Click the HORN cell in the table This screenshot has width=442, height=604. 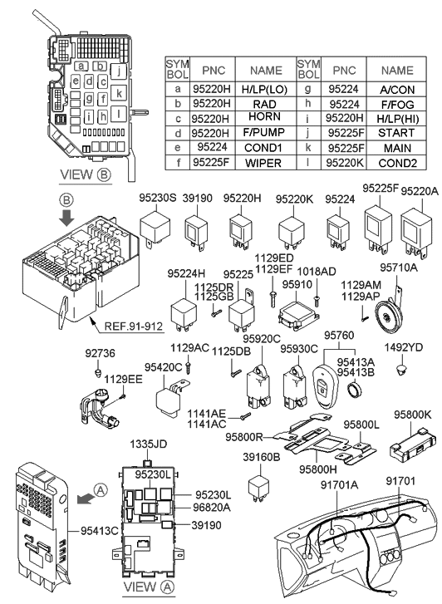(x=266, y=117)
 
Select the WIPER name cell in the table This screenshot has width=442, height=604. (x=266, y=162)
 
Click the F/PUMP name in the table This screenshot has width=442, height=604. (x=266, y=132)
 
